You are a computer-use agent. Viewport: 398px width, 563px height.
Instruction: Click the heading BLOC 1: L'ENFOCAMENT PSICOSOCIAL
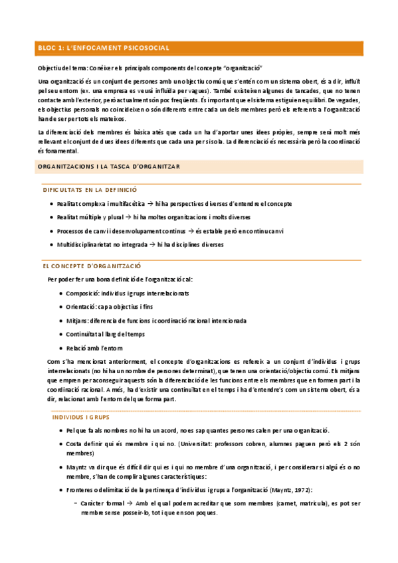tap(103, 48)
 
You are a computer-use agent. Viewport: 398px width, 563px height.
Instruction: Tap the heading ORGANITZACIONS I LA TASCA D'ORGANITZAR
tap(109, 166)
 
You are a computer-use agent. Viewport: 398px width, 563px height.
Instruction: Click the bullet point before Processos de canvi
tap(51, 231)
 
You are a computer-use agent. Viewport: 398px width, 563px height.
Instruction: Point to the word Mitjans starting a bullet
tap(78, 321)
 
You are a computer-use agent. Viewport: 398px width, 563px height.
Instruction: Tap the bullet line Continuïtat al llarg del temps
tap(106, 334)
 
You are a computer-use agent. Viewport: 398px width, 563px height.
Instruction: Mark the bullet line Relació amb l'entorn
tap(94, 348)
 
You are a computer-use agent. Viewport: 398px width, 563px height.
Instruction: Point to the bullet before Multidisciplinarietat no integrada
tap(51, 244)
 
